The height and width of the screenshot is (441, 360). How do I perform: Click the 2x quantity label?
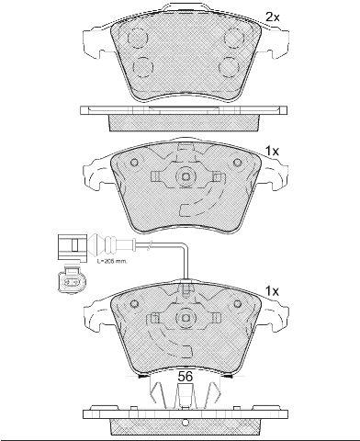pyautogui.click(x=272, y=17)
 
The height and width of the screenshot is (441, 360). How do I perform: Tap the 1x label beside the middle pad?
pyautogui.click(x=272, y=152)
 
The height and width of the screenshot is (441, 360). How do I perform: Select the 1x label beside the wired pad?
pyautogui.click(x=272, y=291)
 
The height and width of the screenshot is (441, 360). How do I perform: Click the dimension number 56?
pyautogui.click(x=186, y=377)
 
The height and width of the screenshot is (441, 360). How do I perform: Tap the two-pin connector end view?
pyautogui.click(x=72, y=279)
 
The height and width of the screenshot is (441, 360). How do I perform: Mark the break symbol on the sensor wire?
pyautogui.click(x=149, y=245)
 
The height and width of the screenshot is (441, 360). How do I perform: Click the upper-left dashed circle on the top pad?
pyautogui.click(x=138, y=38)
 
